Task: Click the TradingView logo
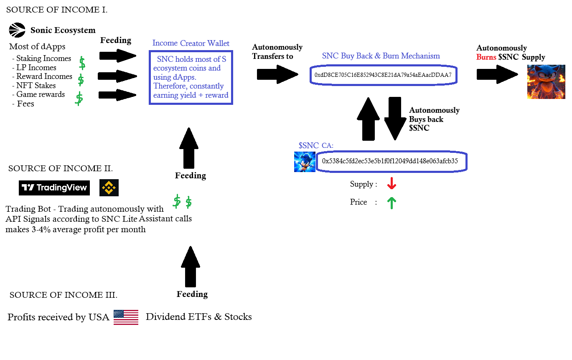click(54, 188)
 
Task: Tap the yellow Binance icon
click(109, 188)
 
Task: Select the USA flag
click(126, 317)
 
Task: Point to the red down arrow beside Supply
click(392, 184)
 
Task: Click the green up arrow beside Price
click(392, 203)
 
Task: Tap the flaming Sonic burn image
click(546, 81)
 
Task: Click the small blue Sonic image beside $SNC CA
click(305, 162)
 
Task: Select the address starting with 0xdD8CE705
click(383, 75)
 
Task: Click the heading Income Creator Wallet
click(191, 43)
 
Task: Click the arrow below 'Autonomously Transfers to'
click(277, 74)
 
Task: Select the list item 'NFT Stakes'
click(36, 85)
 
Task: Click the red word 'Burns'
click(486, 57)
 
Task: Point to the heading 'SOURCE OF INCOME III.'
click(63, 295)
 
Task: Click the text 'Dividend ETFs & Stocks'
click(199, 317)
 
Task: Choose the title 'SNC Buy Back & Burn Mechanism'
click(381, 56)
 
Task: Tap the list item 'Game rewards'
click(41, 94)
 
